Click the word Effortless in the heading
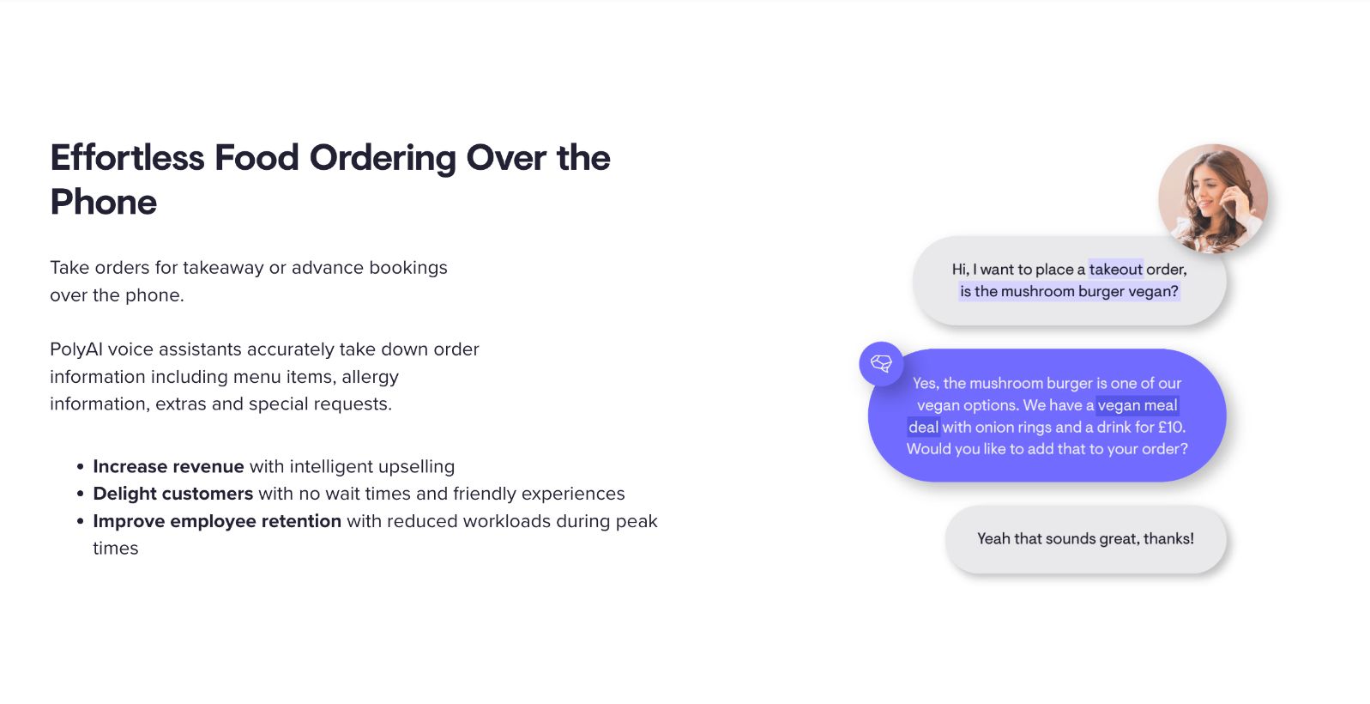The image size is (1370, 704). [x=127, y=157]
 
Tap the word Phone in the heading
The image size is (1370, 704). [x=103, y=202]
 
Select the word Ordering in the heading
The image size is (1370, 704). [x=383, y=159]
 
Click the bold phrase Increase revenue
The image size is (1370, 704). [x=168, y=466]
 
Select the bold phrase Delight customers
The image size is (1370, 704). [x=173, y=494]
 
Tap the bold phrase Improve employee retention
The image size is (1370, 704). [x=217, y=521]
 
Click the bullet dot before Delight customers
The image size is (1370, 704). [x=80, y=494]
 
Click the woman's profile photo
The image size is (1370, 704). [x=1213, y=198]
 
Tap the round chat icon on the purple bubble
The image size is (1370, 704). [x=881, y=364]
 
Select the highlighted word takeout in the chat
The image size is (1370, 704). [x=1115, y=270]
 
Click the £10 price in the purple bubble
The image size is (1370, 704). [x=1171, y=428]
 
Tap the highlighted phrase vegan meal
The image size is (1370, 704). [x=1137, y=405]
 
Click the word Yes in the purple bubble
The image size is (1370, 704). [x=924, y=384]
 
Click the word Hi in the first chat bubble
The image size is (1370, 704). [x=959, y=270]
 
